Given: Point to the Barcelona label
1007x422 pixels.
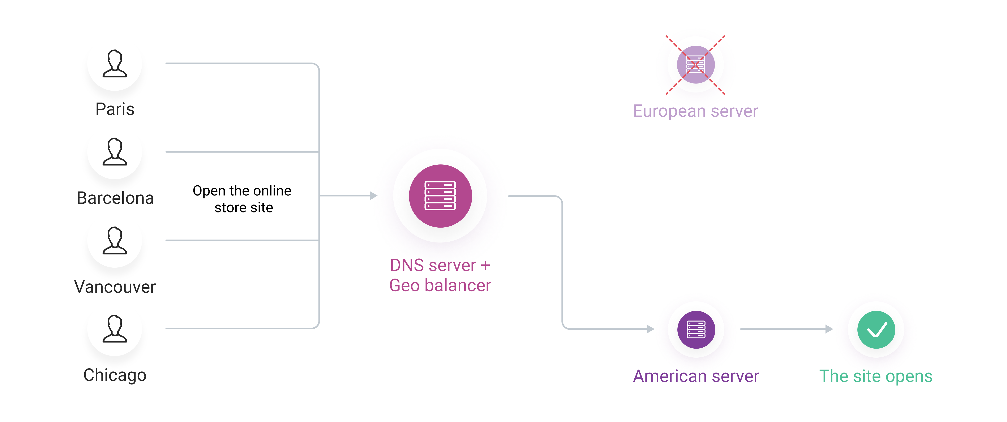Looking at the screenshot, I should pos(115,198).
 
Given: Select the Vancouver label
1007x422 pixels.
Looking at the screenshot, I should pos(115,287).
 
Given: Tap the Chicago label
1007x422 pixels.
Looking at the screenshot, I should pos(115,375).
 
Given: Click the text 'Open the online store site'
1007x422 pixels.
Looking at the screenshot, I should pos(242,199).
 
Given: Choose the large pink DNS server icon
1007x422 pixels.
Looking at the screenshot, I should pos(440,196).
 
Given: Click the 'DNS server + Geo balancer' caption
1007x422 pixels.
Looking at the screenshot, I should pos(440,275).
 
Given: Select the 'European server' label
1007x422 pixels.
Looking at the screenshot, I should pos(695,111).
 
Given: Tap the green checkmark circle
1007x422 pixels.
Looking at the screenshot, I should pos(876,329).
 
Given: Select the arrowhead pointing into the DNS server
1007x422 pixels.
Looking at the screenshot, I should pos(373,196).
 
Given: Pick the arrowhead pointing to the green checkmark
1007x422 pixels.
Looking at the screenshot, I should pos(829,329).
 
